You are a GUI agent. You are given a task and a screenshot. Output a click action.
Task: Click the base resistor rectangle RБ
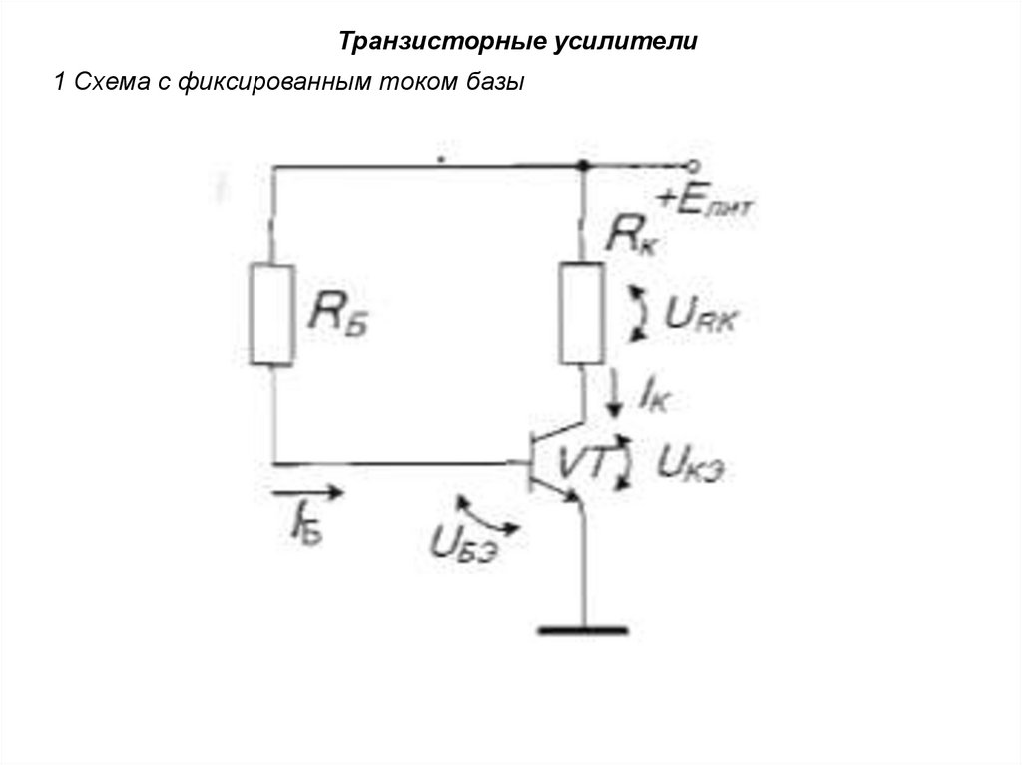271,314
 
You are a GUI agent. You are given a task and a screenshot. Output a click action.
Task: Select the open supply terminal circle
691,166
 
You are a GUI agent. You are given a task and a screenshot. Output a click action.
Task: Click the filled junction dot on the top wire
581,166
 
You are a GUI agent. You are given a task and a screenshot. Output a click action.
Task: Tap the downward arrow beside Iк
613,389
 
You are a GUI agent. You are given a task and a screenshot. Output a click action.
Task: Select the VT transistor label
580,460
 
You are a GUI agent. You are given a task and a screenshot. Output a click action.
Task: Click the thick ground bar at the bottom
583,630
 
